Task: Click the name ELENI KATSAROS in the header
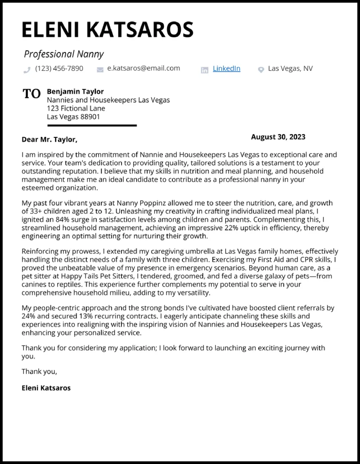[108, 30]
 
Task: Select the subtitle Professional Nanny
[63, 54]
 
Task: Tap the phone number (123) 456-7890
[59, 68]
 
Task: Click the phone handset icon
[27, 70]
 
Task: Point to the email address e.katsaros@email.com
[144, 68]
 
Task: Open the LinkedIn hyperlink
[226, 68]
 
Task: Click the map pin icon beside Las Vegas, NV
[261, 69]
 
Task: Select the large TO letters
[31, 94]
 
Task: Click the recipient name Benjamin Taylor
[75, 92]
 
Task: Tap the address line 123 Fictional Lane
[76, 109]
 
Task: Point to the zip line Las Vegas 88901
[73, 117]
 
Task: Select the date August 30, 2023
[278, 137]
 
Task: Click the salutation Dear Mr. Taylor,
[49, 140]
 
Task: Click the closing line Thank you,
[39, 371]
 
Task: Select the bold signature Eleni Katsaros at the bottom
[46, 388]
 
